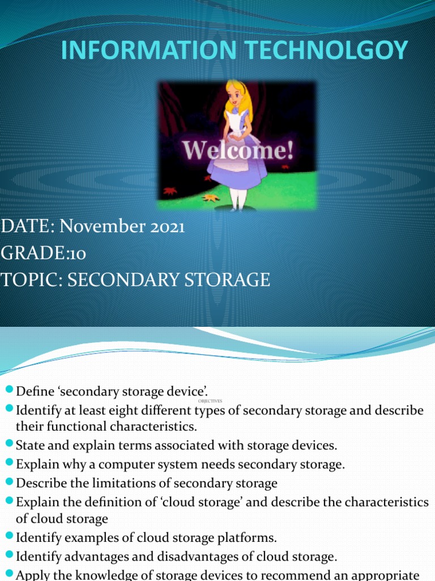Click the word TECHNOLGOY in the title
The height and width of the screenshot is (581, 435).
[x=326, y=50]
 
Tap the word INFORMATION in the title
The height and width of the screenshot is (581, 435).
[x=149, y=50]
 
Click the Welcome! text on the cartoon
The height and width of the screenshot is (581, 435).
[x=238, y=150]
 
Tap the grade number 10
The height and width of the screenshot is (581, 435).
[x=78, y=254]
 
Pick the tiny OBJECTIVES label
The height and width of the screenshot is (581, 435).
[x=210, y=401]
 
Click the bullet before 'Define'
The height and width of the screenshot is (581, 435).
[x=9, y=389]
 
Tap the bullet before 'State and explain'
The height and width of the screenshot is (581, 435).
[x=9, y=443]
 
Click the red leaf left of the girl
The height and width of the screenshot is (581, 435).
[x=170, y=191]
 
